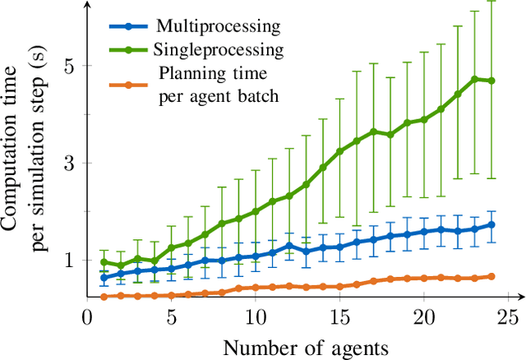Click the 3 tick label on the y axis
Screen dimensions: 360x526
pos(70,163)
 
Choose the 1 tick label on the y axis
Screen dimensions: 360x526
pos(70,260)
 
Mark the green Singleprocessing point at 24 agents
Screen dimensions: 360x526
pos(491,81)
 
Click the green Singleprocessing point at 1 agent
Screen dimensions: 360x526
pos(104,262)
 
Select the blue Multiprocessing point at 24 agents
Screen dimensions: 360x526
pos(491,224)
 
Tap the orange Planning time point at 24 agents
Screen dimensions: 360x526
pos(491,276)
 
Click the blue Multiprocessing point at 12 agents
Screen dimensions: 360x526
pos(289,246)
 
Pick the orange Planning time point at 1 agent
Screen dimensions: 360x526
pos(104,296)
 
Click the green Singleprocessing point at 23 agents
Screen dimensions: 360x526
pos(474,79)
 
